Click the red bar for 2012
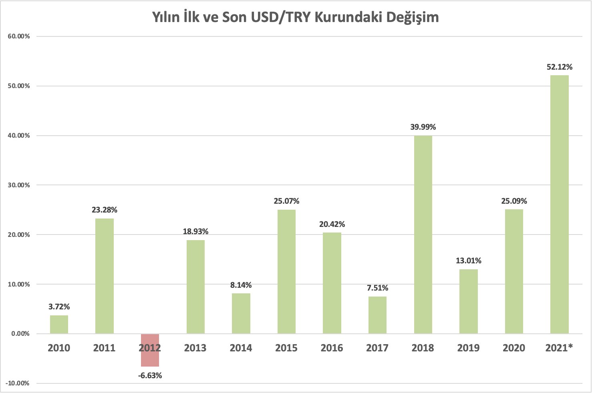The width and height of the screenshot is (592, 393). (150, 350)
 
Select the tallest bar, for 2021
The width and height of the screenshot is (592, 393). (559, 204)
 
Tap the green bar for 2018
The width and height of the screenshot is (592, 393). (423, 235)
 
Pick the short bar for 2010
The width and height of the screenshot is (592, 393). (59, 325)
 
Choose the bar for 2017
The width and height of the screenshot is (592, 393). (377, 315)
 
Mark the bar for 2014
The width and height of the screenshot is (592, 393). (241, 313)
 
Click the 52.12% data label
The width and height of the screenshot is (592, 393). (560, 67)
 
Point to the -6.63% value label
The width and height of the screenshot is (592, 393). (150, 375)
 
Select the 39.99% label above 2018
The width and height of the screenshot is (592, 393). (423, 127)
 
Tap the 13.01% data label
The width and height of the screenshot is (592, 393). (468, 261)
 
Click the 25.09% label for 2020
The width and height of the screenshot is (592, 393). (514, 201)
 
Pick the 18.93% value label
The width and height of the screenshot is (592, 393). (195, 231)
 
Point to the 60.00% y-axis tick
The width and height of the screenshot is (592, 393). (19, 36)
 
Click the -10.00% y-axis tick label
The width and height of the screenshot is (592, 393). (18, 383)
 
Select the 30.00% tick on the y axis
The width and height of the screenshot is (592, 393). (19, 185)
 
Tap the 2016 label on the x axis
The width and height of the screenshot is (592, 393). (332, 348)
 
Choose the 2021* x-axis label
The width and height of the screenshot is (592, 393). (559, 348)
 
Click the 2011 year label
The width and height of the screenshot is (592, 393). (104, 348)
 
